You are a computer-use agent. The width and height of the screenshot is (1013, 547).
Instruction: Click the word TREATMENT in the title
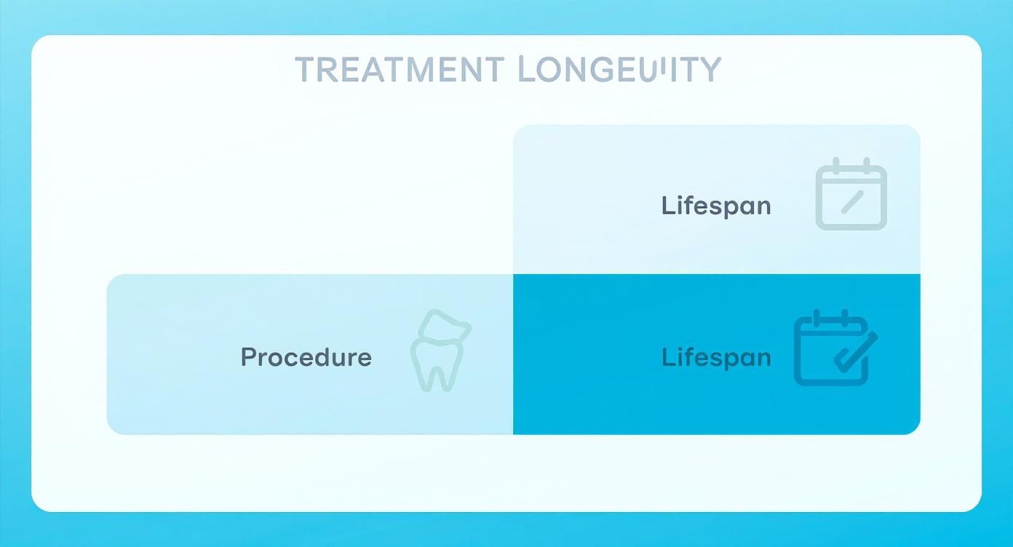click(399, 70)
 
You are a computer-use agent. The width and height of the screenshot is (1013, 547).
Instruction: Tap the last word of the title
click(620, 70)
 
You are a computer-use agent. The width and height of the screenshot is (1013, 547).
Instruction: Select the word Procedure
click(306, 357)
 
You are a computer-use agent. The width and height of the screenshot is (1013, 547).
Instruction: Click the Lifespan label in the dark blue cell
click(716, 357)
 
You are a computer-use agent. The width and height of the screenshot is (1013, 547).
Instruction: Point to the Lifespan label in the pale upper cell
click(716, 206)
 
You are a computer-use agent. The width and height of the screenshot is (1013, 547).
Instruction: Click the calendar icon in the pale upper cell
click(851, 194)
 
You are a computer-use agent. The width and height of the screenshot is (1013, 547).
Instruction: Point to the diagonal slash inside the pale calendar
click(851, 201)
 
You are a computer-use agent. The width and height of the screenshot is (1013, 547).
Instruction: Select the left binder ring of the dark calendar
click(817, 319)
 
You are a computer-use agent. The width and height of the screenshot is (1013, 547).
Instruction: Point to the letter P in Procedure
click(248, 357)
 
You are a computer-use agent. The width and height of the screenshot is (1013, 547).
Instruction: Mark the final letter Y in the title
click(711, 70)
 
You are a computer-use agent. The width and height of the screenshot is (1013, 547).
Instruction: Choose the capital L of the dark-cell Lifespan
click(667, 357)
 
